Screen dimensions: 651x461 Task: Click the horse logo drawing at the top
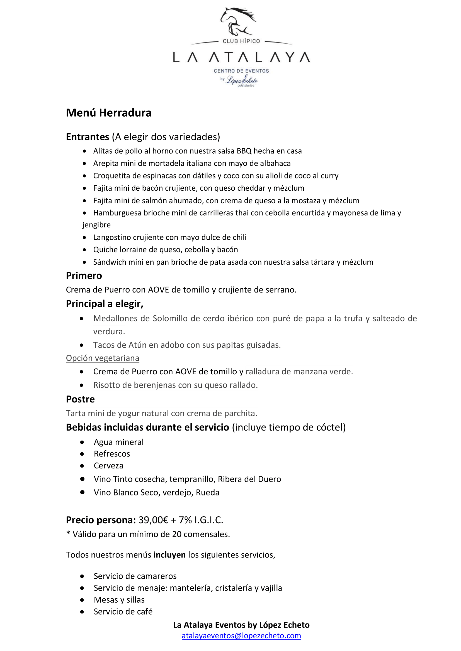[238, 21]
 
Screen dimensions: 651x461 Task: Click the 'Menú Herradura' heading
[108, 113]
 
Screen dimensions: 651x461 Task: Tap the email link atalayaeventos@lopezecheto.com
[241, 635]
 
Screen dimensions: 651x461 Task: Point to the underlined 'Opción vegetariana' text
[103, 358]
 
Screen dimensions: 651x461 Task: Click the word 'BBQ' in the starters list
[244, 151]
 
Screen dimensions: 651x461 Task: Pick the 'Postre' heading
[80, 399]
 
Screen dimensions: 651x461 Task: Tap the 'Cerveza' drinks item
[108, 466]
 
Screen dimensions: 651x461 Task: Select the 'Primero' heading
[84, 275]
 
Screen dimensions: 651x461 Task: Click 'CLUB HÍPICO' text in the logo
[241, 41]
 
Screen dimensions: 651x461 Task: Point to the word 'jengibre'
[96, 225]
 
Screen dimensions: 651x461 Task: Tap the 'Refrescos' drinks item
[112, 454]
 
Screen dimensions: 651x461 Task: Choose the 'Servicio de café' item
[123, 611]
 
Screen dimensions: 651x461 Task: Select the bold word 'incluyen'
[169, 555]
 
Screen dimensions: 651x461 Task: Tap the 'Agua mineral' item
[119, 442]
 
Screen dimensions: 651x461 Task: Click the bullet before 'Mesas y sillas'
[82, 600]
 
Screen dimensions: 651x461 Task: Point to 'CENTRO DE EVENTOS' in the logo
[241, 71]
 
